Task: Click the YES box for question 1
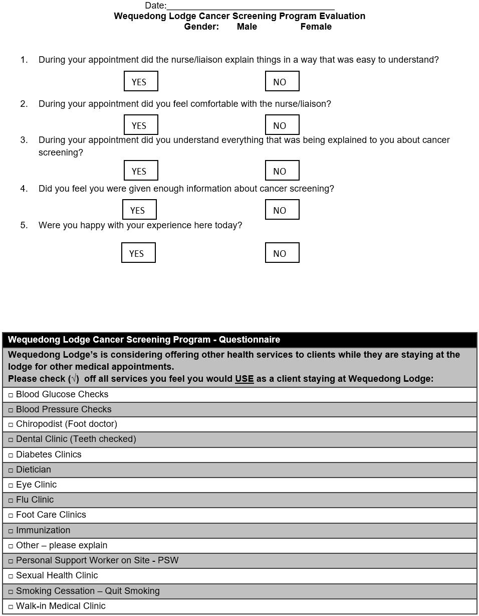[x=141, y=81]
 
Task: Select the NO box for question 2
[x=282, y=125]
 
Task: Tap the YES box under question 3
[x=141, y=171]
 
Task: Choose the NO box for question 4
[x=282, y=210]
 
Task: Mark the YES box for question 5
[x=138, y=253]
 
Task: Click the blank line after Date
[x=251, y=6]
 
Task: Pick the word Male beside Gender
[x=247, y=27]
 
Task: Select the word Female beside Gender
[x=316, y=27]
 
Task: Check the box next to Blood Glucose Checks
[x=11, y=395]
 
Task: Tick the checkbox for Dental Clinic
[x=11, y=440]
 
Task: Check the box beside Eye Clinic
[x=11, y=486]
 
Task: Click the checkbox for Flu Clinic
[x=11, y=501]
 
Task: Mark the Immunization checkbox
[x=11, y=531]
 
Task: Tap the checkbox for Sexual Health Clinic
[x=11, y=576]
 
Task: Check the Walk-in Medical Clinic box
[x=11, y=607]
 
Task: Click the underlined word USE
[x=244, y=379]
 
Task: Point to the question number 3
[x=24, y=140]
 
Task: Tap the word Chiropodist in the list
[x=40, y=424]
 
